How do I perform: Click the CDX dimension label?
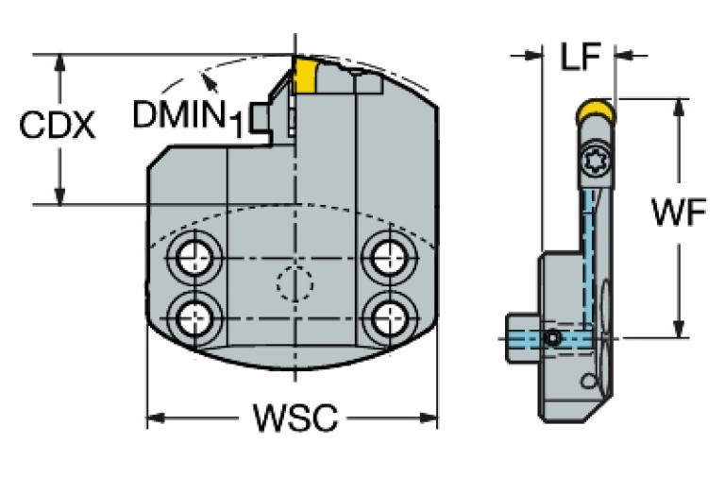click(58, 127)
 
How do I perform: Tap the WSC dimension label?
click(295, 417)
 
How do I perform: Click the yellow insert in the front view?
click(305, 75)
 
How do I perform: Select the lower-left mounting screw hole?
click(197, 315)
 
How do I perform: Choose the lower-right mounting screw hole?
click(387, 315)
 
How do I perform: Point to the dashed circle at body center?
click(294, 281)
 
